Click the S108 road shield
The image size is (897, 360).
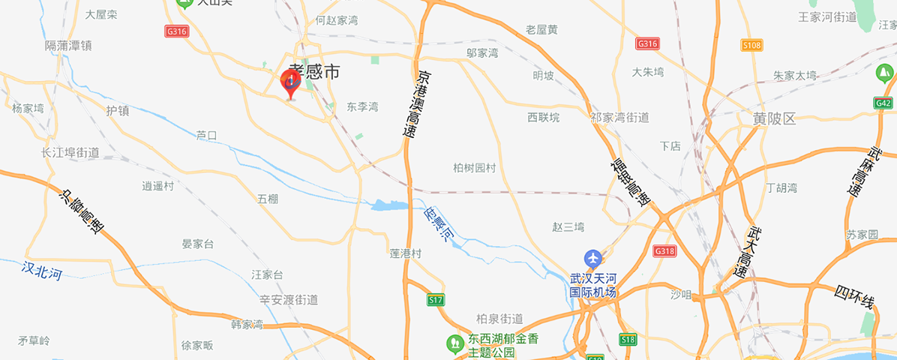(751, 46)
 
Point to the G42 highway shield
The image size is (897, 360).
(883, 103)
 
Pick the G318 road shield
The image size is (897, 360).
(664, 250)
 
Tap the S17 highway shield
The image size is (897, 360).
(436, 300)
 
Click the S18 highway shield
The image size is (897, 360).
(628, 340)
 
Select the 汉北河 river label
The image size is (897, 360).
(42, 270)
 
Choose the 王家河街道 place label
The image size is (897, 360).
(827, 16)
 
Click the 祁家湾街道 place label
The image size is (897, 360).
(619, 118)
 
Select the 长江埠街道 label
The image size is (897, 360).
(70, 152)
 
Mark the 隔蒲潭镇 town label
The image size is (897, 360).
(68, 46)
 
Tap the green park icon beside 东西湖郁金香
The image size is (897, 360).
(454, 344)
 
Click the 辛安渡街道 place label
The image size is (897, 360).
(289, 300)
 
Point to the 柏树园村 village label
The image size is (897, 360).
(475, 168)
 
